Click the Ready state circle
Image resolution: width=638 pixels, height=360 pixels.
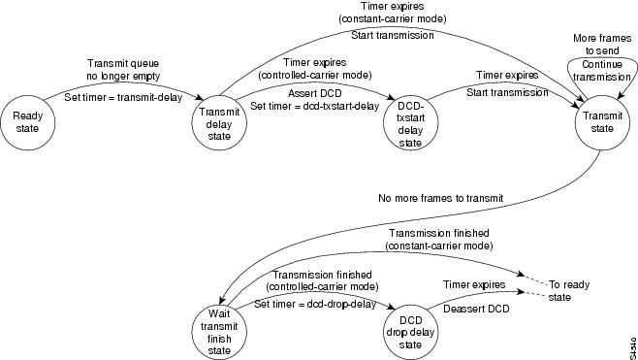coord(26,121)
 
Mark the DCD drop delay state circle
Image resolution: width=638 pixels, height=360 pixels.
coord(411,328)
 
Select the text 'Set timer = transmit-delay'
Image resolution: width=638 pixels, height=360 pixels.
coord(119,96)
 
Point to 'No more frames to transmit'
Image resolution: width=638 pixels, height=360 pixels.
coord(441,199)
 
